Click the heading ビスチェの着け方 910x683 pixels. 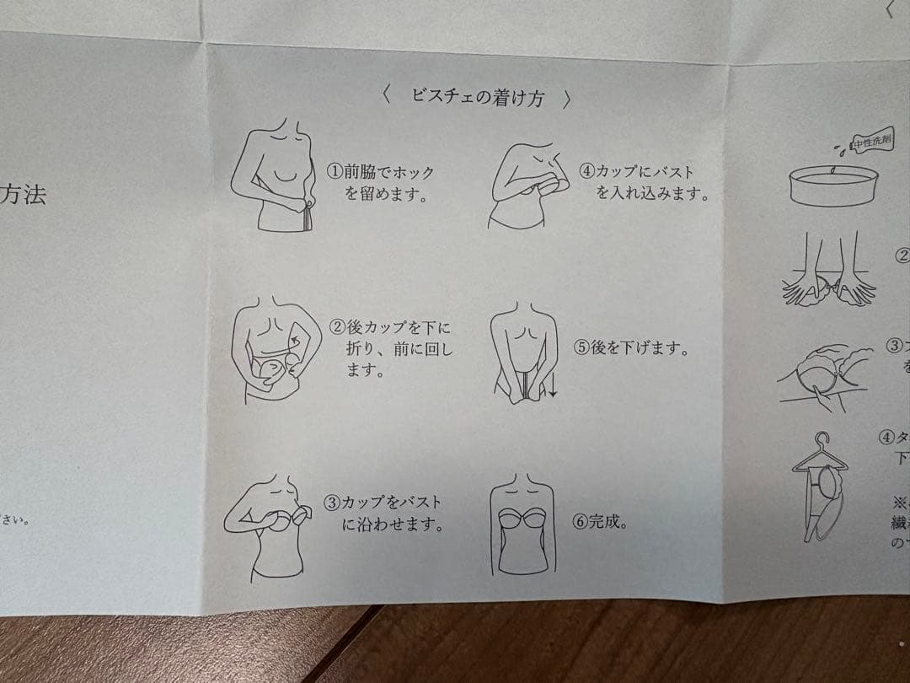coord(478,97)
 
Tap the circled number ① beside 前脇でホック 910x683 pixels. coord(335,172)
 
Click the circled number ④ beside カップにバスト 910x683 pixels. coord(586,170)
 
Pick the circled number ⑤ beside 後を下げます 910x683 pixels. coord(581,348)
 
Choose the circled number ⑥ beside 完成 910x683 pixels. coord(580,521)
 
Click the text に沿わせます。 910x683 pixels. coord(393,525)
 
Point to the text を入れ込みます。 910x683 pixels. coord(651,193)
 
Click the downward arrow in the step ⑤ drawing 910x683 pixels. coord(554,388)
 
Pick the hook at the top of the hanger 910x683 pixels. coord(822,440)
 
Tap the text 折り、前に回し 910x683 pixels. coord(399,348)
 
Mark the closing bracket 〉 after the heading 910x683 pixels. coord(567,99)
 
